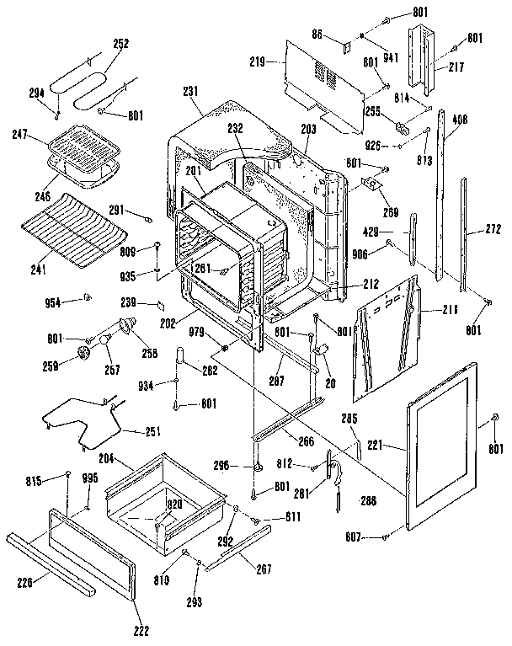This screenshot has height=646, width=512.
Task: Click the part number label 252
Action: pyautogui.click(x=121, y=44)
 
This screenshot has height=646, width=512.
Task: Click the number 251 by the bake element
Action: pyautogui.click(x=151, y=432)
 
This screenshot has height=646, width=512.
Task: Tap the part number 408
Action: pyautogui.click(x=460, y=120)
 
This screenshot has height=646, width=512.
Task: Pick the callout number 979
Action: pyautogui.click(x=196, y=330)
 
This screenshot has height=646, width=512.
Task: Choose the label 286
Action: pyautogui.click(x=367, y=501)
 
